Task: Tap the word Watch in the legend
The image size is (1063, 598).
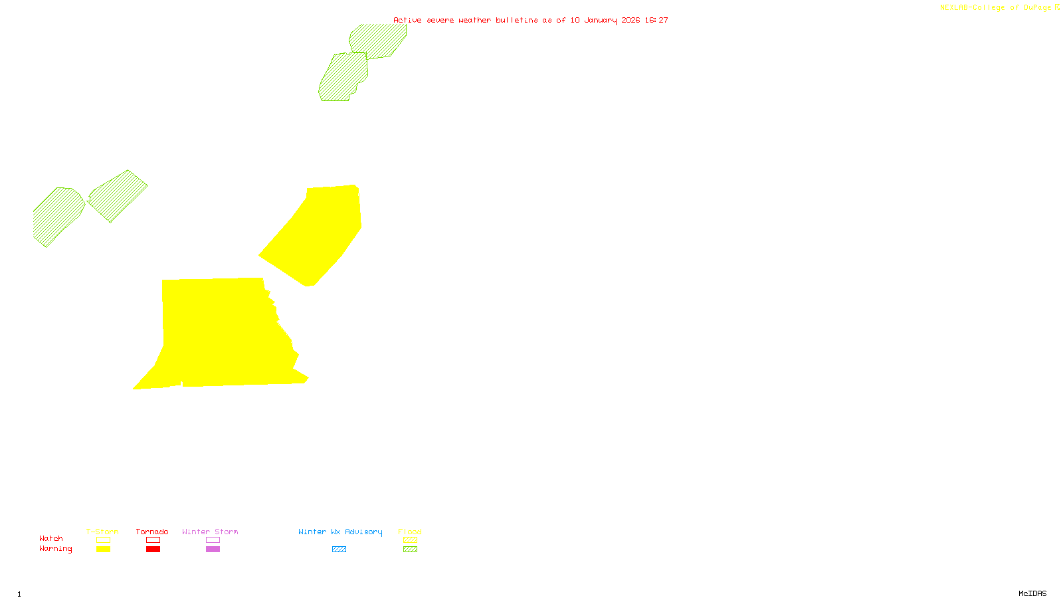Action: point(51,539)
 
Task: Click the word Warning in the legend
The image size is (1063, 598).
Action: point(56,549)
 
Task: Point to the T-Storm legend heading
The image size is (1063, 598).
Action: point(102,532)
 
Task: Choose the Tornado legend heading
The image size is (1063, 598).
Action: point(152,532)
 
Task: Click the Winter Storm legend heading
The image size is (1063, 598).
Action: point(210,532)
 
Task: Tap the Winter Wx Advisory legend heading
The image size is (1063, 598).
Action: point(340,532)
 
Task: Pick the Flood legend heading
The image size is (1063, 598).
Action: point(410,532)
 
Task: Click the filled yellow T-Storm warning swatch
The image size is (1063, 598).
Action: point(103,549)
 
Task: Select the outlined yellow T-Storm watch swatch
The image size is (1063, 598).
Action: point(103,540)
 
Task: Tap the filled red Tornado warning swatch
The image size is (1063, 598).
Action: point(153,549)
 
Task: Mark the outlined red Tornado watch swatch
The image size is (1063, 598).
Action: point(153,540)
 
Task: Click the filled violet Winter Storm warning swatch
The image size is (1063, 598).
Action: point(213,549)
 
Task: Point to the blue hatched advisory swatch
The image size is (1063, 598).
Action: point(339,549)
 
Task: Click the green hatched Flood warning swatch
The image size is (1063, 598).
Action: point(410,549)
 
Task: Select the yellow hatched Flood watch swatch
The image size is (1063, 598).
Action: point(410,540)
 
